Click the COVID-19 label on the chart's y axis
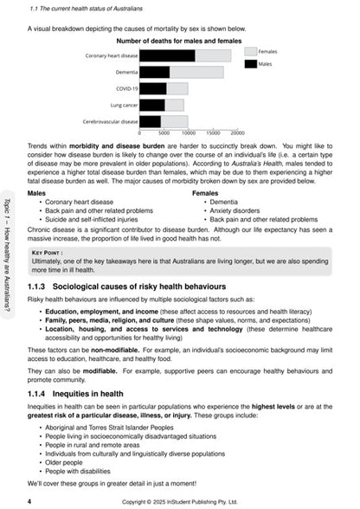pyautogui.click(x=126, y=88)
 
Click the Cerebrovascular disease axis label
pyautogui.click(x=110, y=121)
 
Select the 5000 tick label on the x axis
pyautogui.click(x=164, y=132)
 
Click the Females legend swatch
pyautogui.click(x=250, y=52)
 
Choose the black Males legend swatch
pyautogui.click(x=250, y=63)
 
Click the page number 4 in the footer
pyautogui.click(x=30, y=499)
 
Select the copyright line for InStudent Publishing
pyautogui.click(x=180, y=500)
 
